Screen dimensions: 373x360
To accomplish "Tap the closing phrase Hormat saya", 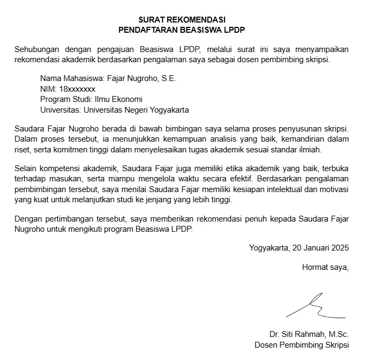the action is click(325, 267).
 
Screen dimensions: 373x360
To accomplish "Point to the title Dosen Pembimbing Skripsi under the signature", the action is click(301, 344).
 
